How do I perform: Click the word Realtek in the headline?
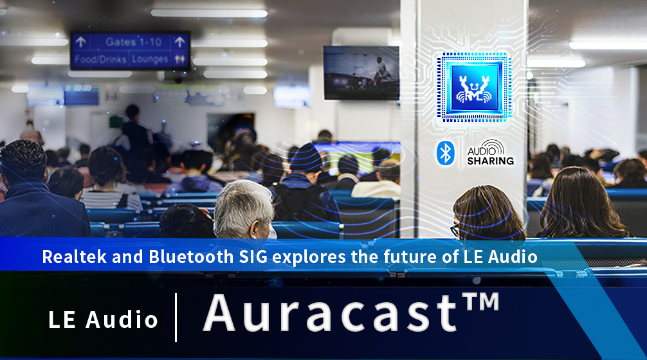click(75, 257)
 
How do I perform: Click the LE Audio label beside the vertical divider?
click(103, 319)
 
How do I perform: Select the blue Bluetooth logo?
click(445, 152)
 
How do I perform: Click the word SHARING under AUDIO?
click(490, 161)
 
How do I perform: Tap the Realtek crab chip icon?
click(474, 87)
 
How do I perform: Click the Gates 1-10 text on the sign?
click(133, 42)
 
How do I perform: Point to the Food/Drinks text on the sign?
click(100, 59)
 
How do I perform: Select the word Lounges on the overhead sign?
click(150, 59)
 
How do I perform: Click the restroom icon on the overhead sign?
click(179, 59)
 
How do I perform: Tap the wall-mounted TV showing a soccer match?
click(361, 73)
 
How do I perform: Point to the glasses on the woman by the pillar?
click(455, 230)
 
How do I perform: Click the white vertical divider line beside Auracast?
click(176, 318)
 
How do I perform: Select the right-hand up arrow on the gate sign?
click(179, 42)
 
